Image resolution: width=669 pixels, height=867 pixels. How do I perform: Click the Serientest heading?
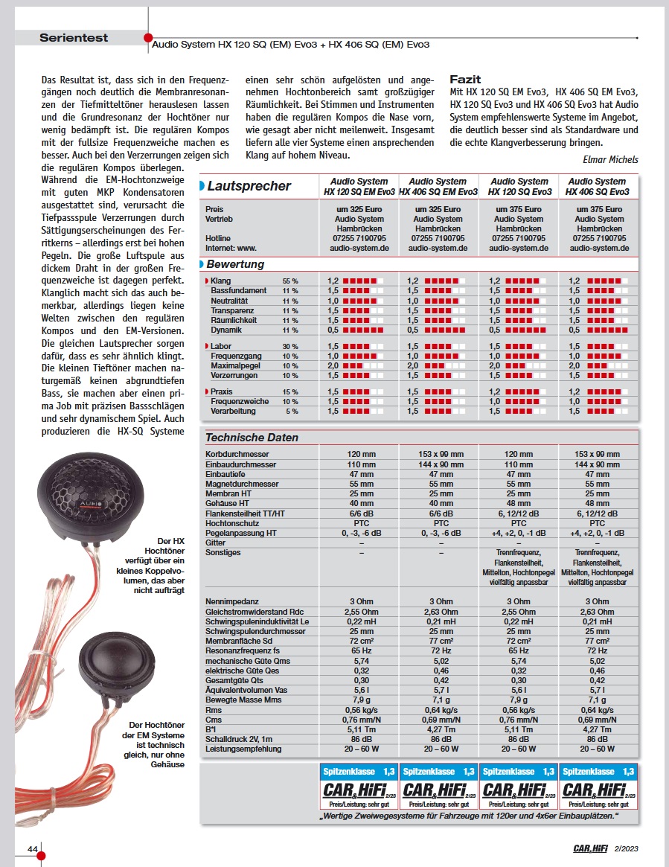point(74,37)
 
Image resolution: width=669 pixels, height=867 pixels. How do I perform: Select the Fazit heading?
point(466,79)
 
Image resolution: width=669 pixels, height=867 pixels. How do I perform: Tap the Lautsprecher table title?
point(249,186)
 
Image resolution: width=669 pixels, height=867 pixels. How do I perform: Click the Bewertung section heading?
point(234,264)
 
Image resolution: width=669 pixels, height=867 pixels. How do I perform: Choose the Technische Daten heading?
point(252,438)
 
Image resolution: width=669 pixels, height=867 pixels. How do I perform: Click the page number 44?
point(33,848)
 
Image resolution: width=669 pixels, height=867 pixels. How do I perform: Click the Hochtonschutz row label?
point(233,522)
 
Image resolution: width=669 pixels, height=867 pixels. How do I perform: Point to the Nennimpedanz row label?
point(231,601)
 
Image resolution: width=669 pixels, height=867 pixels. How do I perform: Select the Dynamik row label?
point(225,330)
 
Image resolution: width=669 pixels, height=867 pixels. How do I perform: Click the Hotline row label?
point(218,238)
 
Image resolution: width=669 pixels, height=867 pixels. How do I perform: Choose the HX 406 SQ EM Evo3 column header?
point(438,186)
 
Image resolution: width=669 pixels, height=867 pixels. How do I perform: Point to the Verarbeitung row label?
point(233,411)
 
